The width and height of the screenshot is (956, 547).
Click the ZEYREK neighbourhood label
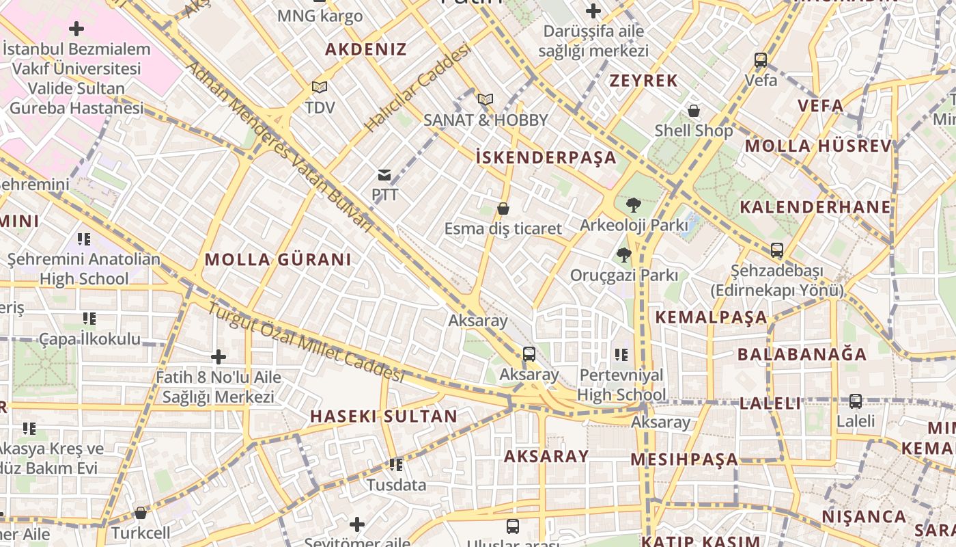coord(644,81)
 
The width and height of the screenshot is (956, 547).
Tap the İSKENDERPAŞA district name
coord(546,158)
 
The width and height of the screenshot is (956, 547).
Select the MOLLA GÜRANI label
coord(278,260)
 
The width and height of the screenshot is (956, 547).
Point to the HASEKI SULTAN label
coord(384,416)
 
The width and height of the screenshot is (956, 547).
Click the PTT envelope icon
coord(384,176)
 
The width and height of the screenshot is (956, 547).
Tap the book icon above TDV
coord(320,88)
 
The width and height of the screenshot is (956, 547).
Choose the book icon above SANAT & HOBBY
coord(485,100)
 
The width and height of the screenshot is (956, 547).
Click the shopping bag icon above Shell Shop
coord(694,111)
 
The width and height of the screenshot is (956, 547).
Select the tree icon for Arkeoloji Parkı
coord(633,204)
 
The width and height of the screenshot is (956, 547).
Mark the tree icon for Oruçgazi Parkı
coord(623,256)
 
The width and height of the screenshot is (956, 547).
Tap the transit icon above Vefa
coord(761,60)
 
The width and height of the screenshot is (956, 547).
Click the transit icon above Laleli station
coord(856,401)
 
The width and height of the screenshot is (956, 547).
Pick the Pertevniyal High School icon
coord(621,355)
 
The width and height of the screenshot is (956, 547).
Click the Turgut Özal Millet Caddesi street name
coord(306,342)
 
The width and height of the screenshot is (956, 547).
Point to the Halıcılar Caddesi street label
coord(418,88)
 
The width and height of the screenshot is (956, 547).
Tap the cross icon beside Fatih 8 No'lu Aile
coord(219,357)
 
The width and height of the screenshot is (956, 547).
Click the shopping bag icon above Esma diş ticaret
coord(503,209)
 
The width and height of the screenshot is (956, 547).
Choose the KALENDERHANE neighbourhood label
coord(815,207)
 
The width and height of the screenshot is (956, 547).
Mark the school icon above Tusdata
coord(396,466)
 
